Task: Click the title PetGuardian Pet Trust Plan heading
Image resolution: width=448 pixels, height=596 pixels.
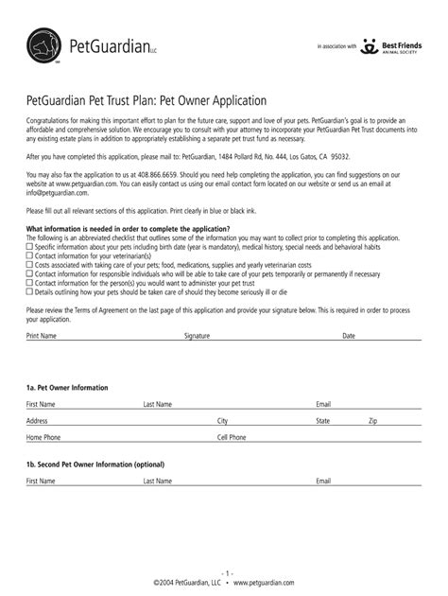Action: coord(146,100)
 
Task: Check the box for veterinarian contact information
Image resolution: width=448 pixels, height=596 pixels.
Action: coord(29,255)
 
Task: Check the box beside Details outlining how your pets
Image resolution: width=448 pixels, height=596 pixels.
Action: coord(29,292)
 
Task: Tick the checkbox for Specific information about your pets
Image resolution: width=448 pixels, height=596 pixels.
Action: coord(29,246)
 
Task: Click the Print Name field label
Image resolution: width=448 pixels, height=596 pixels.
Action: coord(42,336)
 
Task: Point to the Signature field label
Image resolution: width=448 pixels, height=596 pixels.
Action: coord(197,336)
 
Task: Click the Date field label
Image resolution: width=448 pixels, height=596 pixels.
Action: coord(349,336)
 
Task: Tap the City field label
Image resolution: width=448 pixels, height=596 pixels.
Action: coord(223,421)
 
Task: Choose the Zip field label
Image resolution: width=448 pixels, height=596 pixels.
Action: coord(373,421)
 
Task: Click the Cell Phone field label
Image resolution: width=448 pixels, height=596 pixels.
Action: coord(232,438)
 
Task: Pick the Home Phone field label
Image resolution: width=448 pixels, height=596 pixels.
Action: coord(43,438)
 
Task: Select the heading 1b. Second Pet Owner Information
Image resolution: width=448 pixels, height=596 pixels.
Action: coord(95,465)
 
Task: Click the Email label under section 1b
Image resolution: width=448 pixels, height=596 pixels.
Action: coord(323,482)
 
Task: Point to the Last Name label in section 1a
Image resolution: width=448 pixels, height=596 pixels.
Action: coord(158,405)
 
